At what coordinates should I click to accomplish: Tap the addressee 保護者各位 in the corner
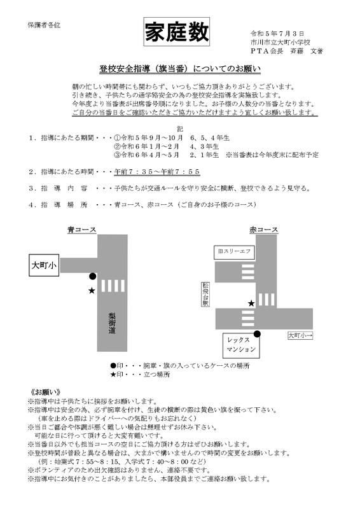pos(43,25)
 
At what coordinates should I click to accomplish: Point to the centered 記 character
pos(179,127)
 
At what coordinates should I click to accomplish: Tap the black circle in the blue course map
pos(93,276)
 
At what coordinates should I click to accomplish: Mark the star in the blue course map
pos(92,290)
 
